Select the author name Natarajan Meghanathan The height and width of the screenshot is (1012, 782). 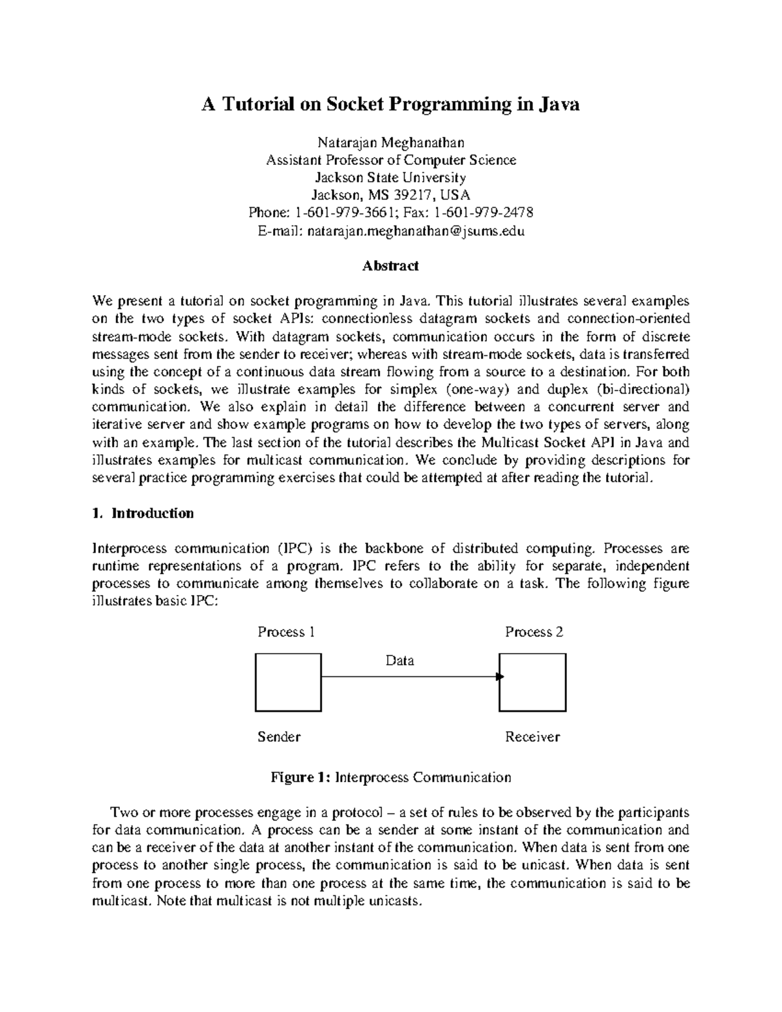[x=390, y=142]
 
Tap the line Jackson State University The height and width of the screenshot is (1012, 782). [x=390, y=177]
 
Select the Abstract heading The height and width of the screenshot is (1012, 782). [x=390, y=266]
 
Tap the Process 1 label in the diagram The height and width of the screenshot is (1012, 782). [x=287, y=632]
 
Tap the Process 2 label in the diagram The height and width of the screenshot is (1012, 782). [x=534, y=632]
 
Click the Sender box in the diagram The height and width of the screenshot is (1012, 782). [x=288, y=682]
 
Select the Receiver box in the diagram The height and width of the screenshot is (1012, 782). [x=533, y=682]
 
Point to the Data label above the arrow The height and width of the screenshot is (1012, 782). [x=399, y=661]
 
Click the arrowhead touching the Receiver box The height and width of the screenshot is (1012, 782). [x=500, y=677]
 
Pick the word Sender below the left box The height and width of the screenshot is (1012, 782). [x=279, y=737]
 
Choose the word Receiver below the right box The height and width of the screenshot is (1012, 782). [x=532, y=737]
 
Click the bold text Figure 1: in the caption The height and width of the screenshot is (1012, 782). [x=300, y=777]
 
